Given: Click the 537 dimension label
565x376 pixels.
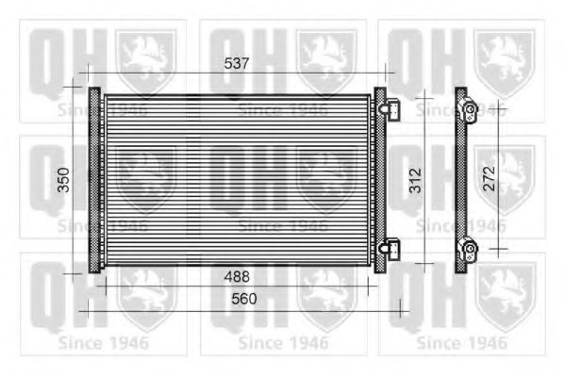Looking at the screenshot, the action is (x=237, y=63).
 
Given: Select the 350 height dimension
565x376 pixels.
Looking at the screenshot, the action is (x=64, y=180).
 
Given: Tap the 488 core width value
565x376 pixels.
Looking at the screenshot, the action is (x=237, y=277).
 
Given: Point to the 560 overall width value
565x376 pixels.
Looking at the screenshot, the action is (x=244, y=299).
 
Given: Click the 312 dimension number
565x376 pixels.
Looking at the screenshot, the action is (x=415, y=180).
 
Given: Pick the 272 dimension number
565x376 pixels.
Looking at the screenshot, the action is (x=489, y=178).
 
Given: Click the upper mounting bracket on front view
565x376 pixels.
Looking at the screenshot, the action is (x=390, y=109).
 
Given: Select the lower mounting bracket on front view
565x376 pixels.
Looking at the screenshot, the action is (x=390, y=249).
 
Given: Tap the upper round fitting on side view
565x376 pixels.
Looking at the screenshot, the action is (x=469, y=108).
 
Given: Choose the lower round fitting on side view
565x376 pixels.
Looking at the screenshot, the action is (x=469, y=249).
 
